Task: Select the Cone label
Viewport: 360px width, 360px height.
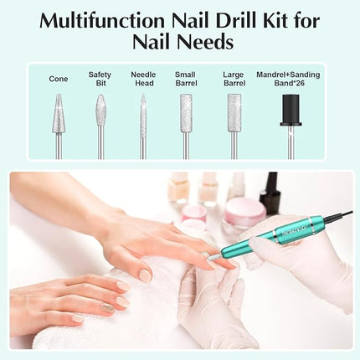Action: [59, 80]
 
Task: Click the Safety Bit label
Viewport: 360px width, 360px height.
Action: [100, 79]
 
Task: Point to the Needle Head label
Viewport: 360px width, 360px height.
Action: [143, 79]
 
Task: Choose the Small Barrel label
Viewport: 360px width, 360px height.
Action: [186, 79]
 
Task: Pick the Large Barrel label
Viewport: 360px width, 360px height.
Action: [234, 79]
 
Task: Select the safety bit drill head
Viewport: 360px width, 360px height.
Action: [100, 111]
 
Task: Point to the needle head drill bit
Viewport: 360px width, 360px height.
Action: [142, 113]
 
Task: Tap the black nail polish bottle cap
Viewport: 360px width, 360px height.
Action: [269, 194]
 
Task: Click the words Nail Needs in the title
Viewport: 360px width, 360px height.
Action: [179, 42]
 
